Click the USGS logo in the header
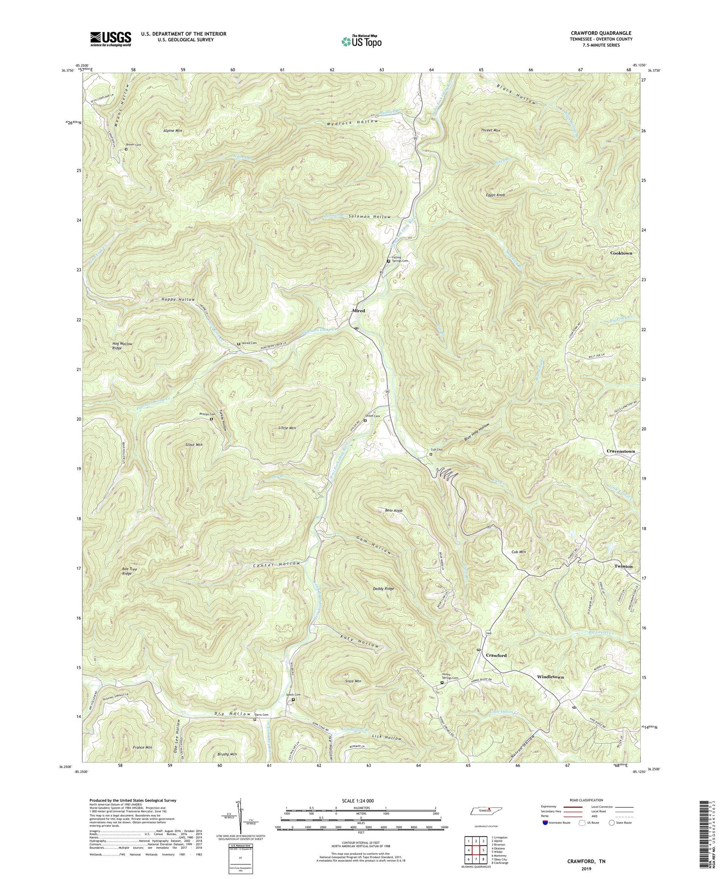[110, 38]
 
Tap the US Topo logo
[361, 41]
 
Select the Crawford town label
[496, 655]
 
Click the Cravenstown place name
[620, 451]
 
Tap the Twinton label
[623, 566]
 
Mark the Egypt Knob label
[495, 195]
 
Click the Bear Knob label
[394, 511]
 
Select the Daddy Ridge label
[383, 589]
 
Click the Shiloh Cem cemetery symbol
[365, 421]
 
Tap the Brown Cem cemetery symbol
[126, 149]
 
